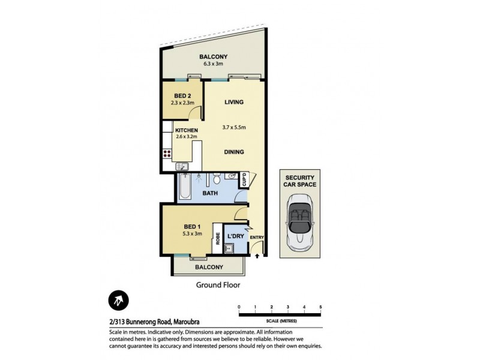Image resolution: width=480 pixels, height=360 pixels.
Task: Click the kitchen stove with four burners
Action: pos(167,154)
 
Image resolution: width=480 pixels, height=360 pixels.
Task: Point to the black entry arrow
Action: pos(258,256)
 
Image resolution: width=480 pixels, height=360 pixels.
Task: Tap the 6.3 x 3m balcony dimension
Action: pos(214,64)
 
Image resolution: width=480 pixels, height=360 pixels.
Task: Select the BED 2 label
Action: pos(183,96)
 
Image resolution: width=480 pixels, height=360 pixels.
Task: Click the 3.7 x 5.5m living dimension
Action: pos(234,127)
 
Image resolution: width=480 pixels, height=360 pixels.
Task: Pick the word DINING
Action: pos(234,152)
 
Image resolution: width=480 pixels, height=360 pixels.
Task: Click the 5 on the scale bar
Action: pos(321,307)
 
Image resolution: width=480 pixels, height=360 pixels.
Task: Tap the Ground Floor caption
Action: pos(218,286)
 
